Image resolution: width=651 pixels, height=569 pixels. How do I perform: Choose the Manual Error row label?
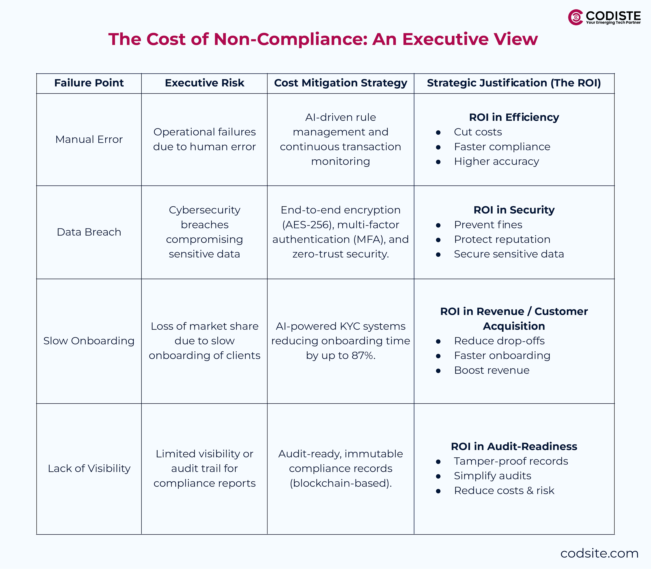click(89, 139)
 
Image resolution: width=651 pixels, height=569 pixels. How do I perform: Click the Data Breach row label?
click(89, 232)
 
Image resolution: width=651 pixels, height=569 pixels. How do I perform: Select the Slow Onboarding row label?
click(89, 341)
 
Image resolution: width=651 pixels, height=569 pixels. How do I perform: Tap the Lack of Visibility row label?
click(89, 468)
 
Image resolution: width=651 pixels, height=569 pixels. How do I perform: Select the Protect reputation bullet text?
click(502, 239)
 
